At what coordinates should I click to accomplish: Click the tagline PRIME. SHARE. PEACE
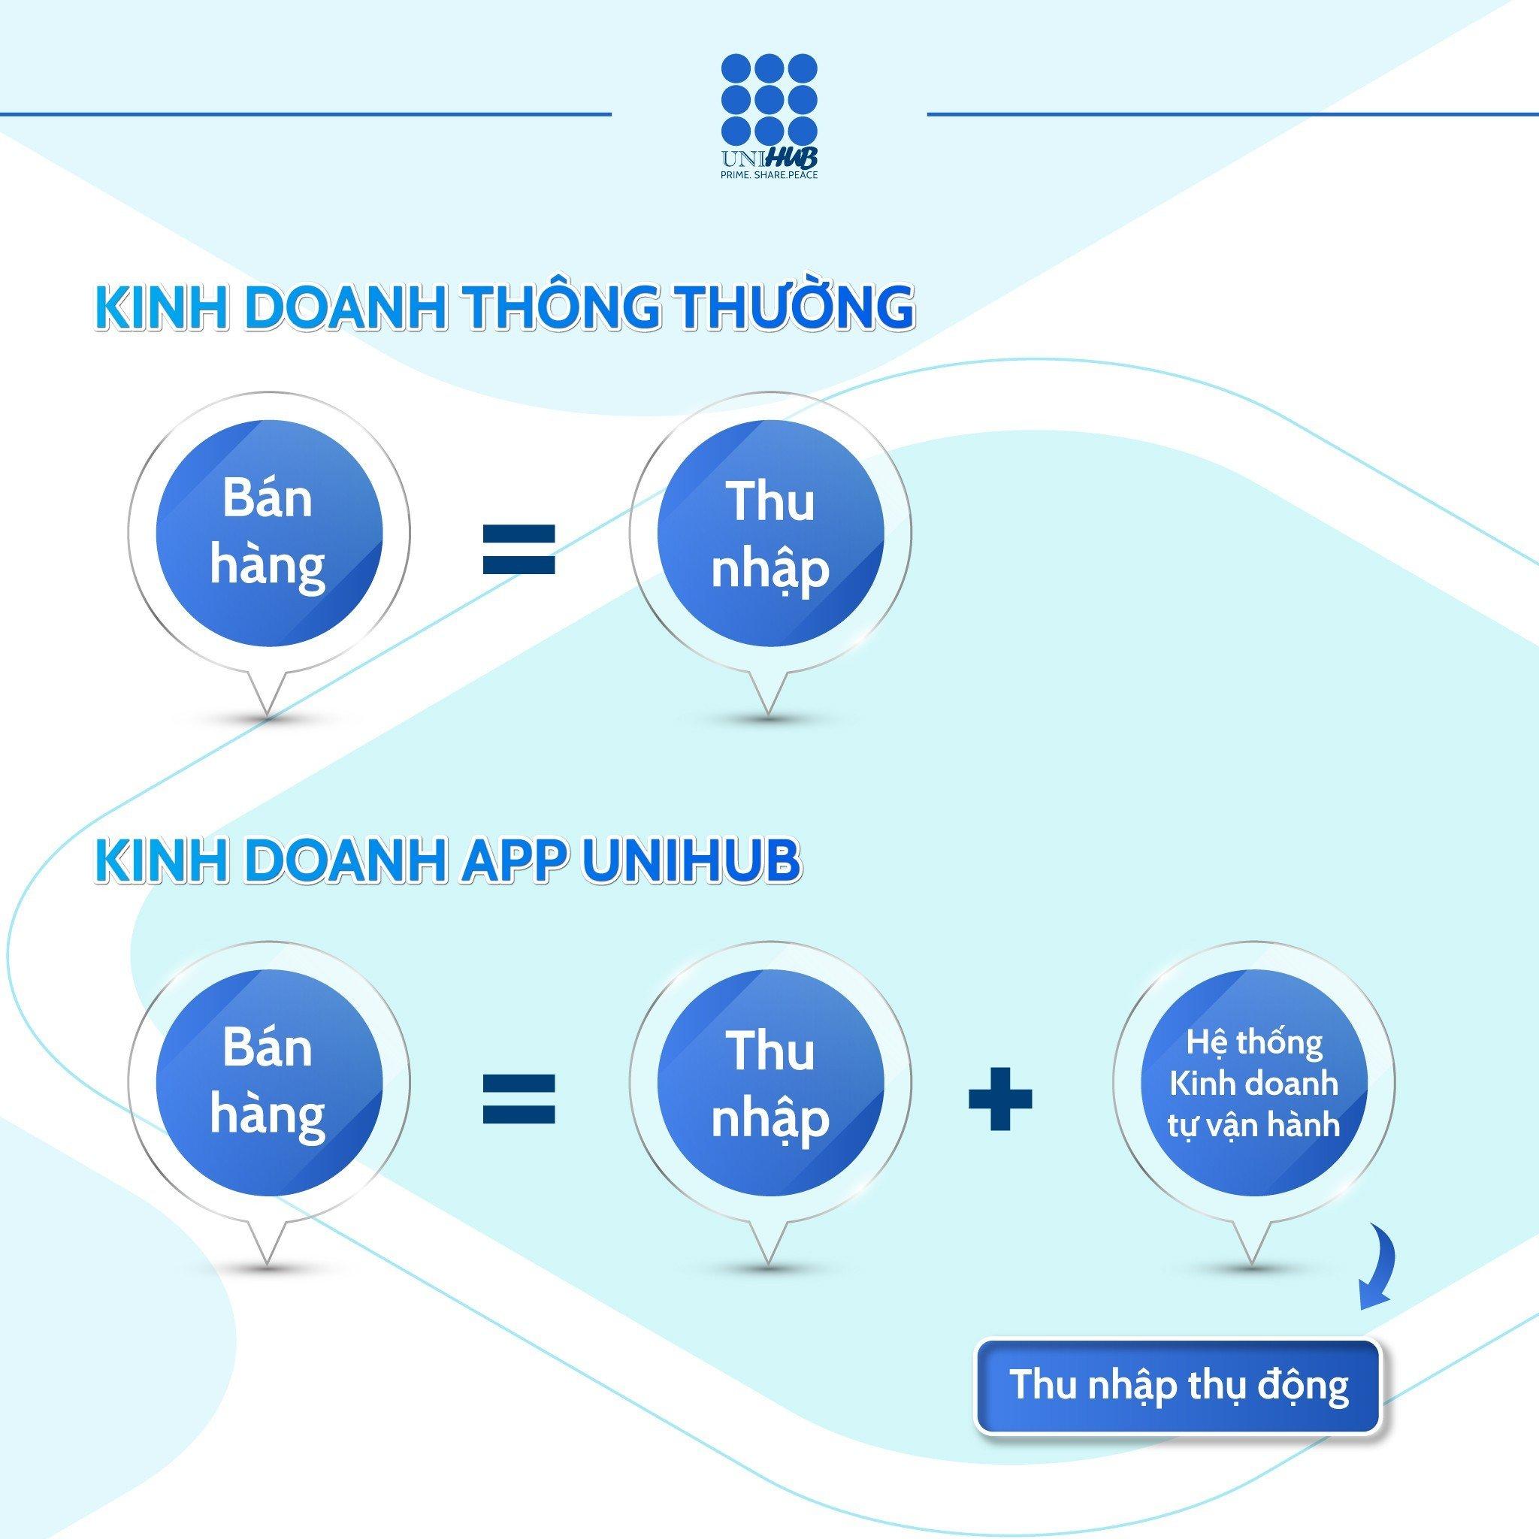coord(769,174)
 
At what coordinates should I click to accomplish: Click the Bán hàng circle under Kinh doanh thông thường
coord(268,532)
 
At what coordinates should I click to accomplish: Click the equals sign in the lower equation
coord(519,1099)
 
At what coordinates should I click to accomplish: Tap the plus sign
coord(999,1098)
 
